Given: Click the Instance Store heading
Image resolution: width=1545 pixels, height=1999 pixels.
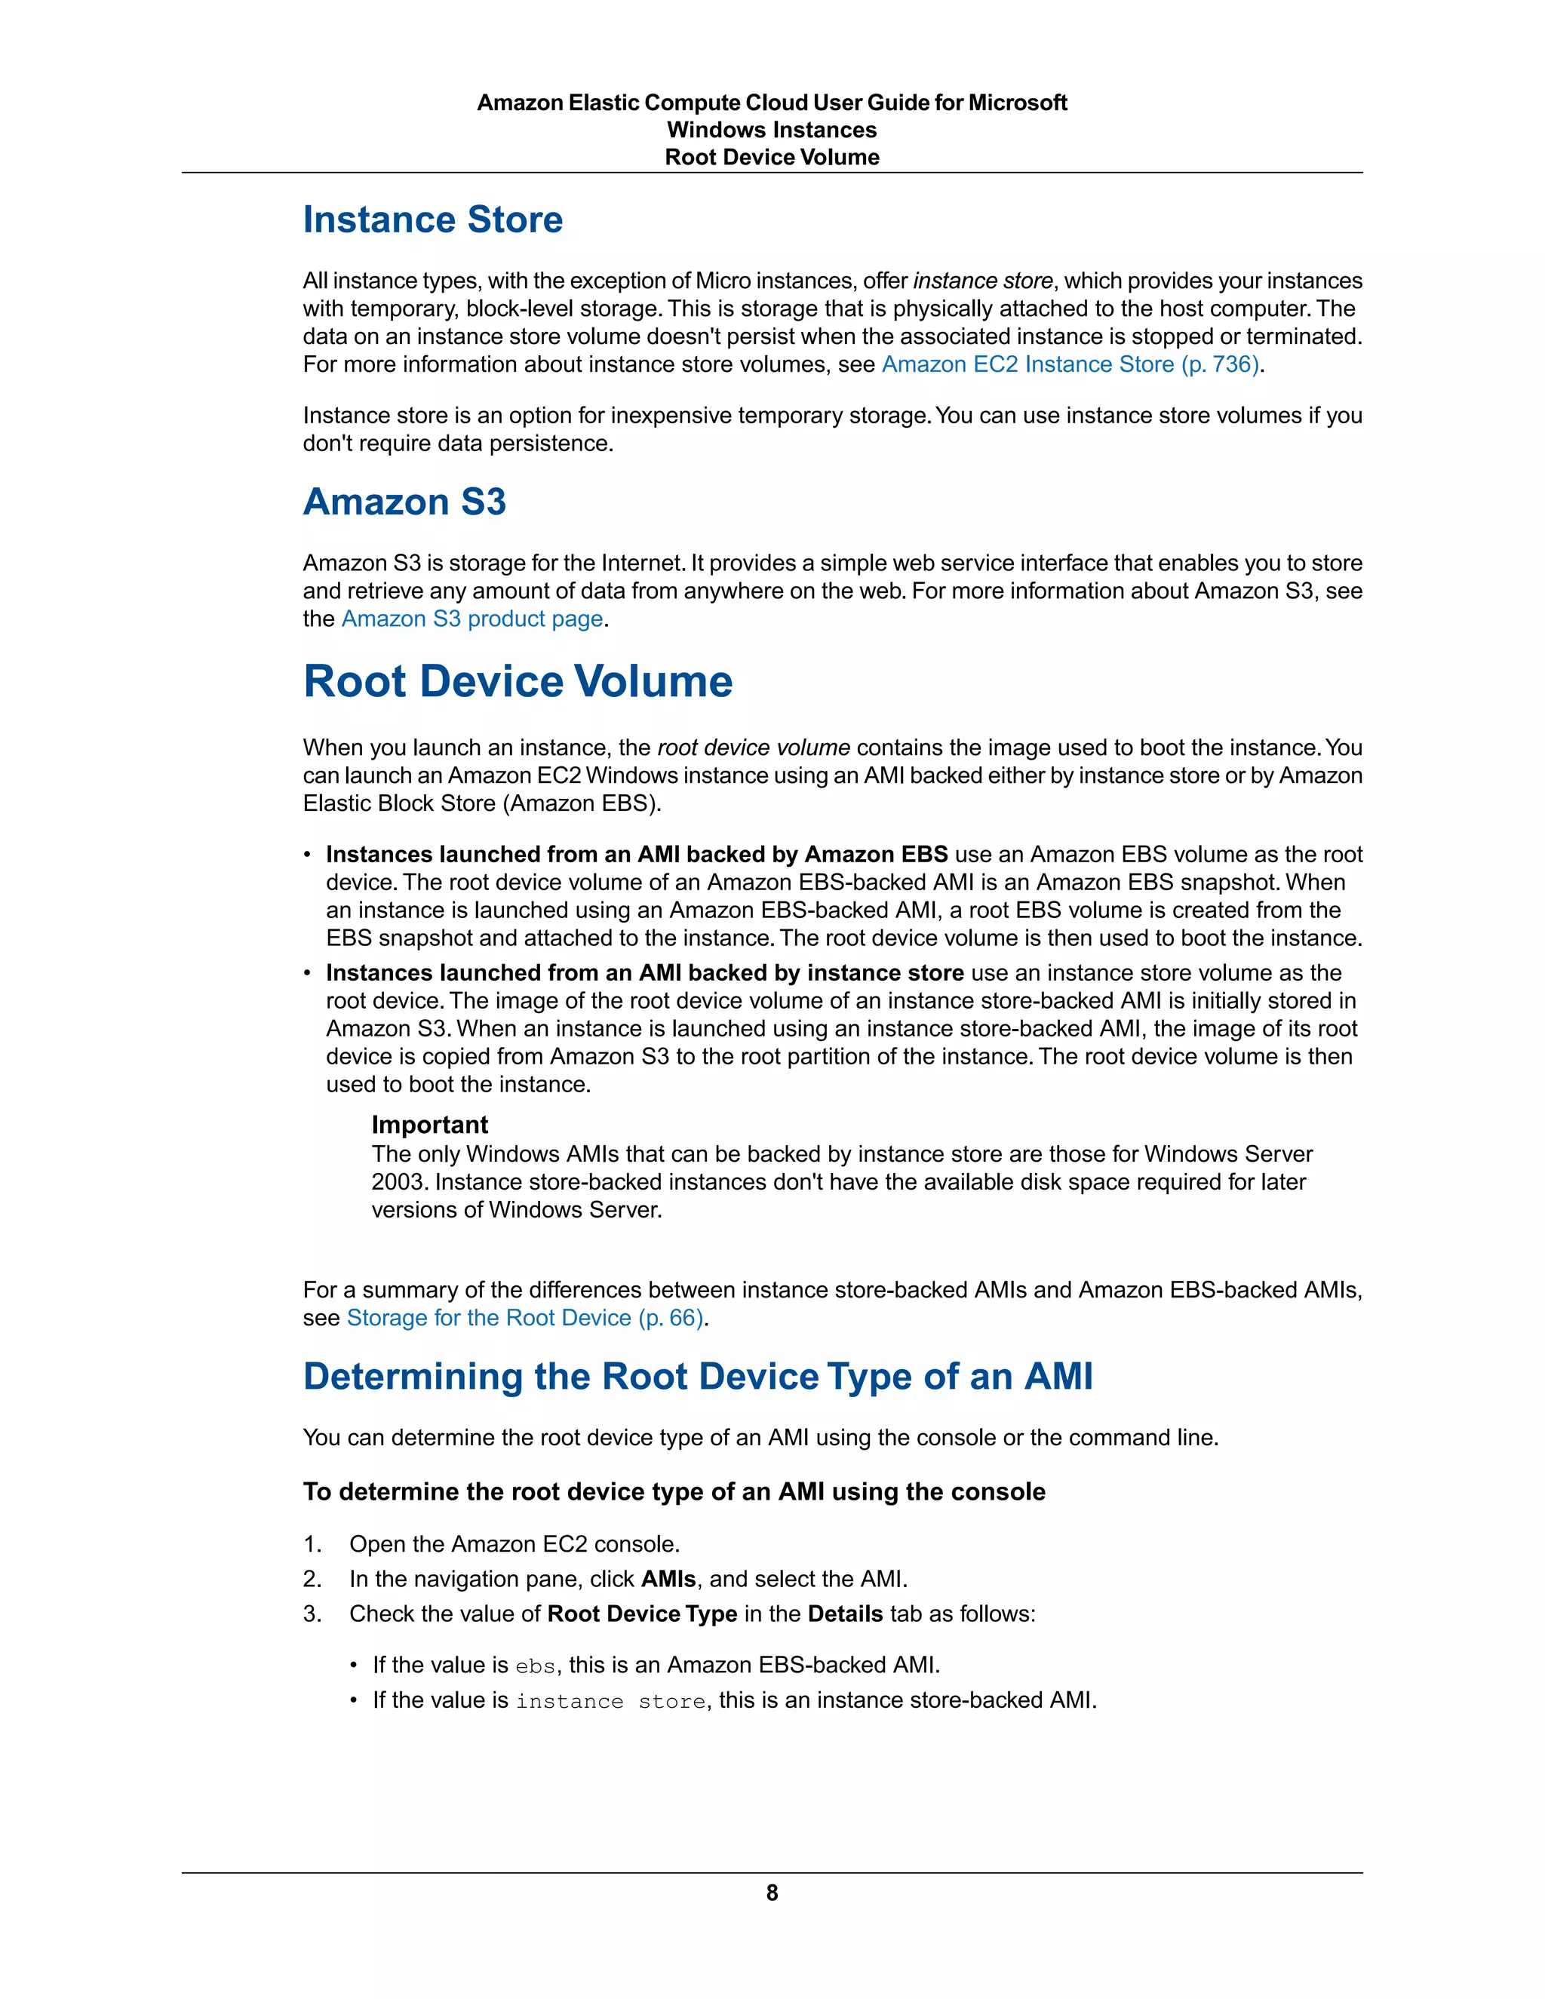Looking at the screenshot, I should point(432,220).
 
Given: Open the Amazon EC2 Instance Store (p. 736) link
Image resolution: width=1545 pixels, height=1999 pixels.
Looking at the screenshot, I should point(1070,364).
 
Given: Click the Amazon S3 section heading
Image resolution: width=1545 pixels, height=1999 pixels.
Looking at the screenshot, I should point(404,502).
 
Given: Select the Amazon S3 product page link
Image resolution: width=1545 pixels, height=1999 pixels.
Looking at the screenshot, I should point(471,619).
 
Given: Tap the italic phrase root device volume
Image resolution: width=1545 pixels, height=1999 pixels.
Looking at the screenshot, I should point(754,748).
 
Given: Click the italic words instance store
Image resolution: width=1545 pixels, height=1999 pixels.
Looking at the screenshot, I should point(982,281).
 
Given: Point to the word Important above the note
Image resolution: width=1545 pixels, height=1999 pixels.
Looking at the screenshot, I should point(429,1125).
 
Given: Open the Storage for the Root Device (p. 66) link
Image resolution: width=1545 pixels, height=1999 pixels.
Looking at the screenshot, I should point(524,1318).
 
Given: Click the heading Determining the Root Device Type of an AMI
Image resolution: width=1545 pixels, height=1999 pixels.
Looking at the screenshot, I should point(698,1377).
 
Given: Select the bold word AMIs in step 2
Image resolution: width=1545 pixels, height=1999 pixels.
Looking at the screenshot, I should point(668,1579).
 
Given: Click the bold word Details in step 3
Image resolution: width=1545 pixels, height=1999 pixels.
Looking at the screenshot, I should point(845,1614).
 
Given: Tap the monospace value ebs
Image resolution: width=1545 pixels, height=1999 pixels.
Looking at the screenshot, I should point(535,1666).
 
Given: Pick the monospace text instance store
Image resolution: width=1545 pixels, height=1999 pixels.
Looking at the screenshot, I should point(610,1702).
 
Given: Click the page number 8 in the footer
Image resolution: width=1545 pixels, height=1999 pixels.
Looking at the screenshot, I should point(772,1893).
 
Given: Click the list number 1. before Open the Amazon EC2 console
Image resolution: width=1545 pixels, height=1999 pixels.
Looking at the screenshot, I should point(312,1544).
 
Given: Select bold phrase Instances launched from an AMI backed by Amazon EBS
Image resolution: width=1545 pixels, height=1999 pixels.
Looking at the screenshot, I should point(636,855).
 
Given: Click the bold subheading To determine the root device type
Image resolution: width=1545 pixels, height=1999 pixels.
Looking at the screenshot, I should point(673,1492).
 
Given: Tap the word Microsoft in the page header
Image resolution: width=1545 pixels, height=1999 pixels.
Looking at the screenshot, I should point(1017,103).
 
